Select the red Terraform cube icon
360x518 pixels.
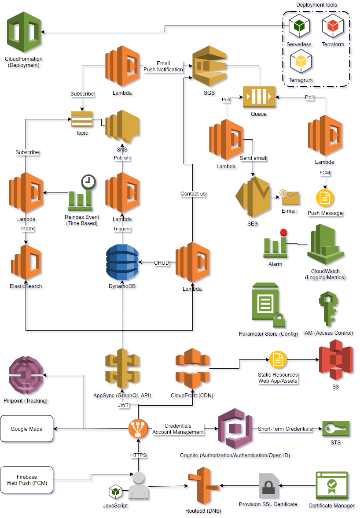pyautogui.click(x=333, y=27)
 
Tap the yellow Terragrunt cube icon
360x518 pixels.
pyautogui.click(x=301, y=63)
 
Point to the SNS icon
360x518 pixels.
pyautogui.click(x=122, y=128)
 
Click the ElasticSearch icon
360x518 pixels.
pyautogui.click(x=26, y=263)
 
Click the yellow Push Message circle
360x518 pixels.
pyautogui.click(x=325, y=198)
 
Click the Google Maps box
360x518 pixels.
pyautogui.click(x=26, y=429)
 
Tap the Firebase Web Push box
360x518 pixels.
pyautogui.click(x=26, y=480)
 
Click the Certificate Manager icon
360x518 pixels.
pyautogui.click(x=331, y=486)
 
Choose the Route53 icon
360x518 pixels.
pyautogui.click(x=203, y=486)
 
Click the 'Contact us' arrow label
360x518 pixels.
pyautogui.click(x=193, y=194)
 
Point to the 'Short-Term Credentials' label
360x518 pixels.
pyautogui.click(x=285, y=429)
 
